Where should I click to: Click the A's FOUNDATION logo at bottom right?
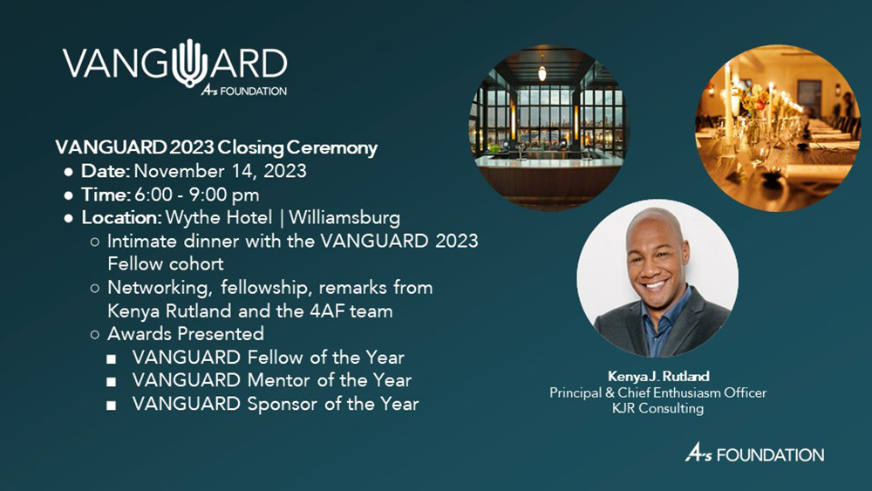pyautogui.click(x=753, y=454)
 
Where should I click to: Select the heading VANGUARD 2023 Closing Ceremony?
pyautogui.click(x=216, y=147)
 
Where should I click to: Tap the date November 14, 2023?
pyautogui.click(x=220, y=171)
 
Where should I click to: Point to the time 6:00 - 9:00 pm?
pyautogui.click(x=194, y=194)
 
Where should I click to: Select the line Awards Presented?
pyautogui.click(x=185, y=334)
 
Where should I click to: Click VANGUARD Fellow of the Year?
pyautogui.click(x=268, y=358)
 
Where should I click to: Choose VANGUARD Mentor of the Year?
pyautogui.click(x=271, y=380)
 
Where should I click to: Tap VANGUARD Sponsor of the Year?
pyautogui.click(x=275, y=404)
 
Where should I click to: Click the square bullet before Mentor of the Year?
pyautogui.click(x=111, y=381)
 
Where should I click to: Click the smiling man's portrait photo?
pyautogui.click(x=657, y=278)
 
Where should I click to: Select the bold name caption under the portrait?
pyautogui.click(x=657, y=377)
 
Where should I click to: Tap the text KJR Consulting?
pyautogui.click(x=658, y=408)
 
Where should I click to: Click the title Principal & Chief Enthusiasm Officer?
pyautogui.click(x=657, y=392)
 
